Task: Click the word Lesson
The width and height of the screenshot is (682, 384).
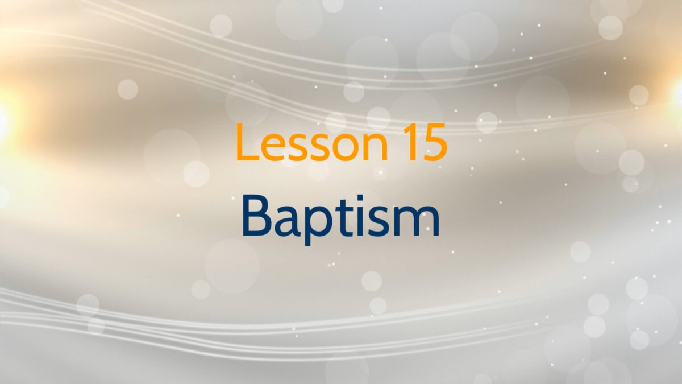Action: coord(313,142)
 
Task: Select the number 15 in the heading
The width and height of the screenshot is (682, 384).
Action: coord(425,142)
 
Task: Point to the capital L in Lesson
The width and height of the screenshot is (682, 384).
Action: coord(248,142)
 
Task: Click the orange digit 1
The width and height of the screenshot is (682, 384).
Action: coord(411,142)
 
